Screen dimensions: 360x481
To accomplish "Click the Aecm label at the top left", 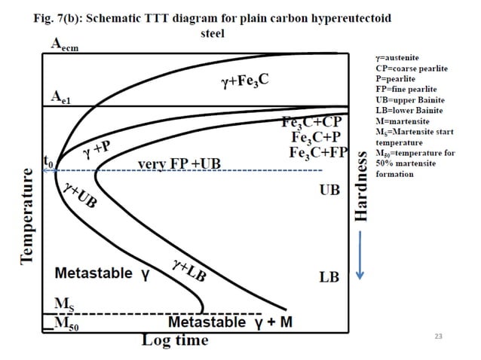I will coord(64,44).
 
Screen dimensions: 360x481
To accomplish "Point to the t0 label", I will coord(48,160).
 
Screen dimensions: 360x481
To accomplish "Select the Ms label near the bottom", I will coord(64,304).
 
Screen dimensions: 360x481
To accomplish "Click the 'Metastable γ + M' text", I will coord(229,323).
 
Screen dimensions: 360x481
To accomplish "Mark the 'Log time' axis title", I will coord(175,340).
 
